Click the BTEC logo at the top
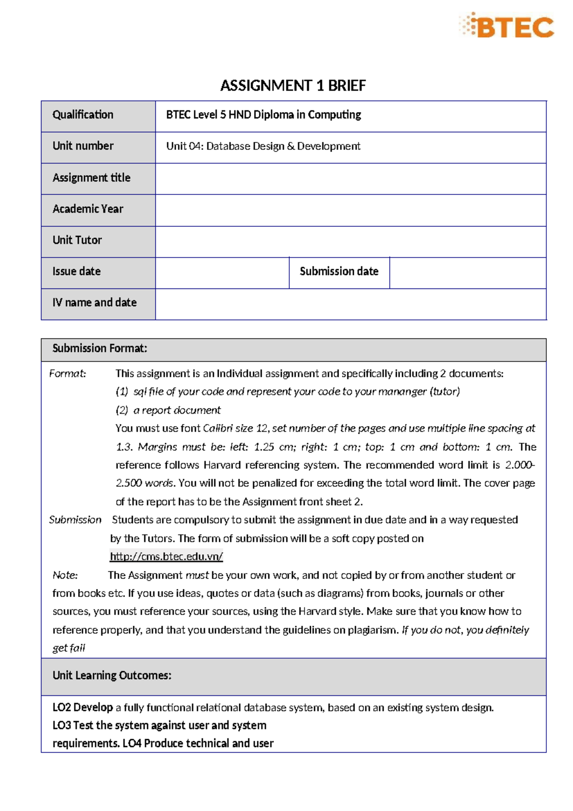[x=507, y=26]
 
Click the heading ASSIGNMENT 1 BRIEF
[x=293, y=85]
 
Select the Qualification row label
[x=83, y=115]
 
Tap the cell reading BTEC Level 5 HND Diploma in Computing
[x=264, y=115]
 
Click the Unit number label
[x=83, y=146]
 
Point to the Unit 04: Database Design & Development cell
[x=263, y=146]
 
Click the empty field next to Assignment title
[x=350, y=179]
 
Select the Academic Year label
[x=88, y=209]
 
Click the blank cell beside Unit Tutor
[x=350, y=241]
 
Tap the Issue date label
[x=76, y=271]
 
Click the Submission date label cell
[x=339, y=271]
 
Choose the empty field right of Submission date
[x=467, y=273]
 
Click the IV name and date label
[x=95, y=302]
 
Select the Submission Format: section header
[x=100, y=348]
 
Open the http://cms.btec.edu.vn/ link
[x=166, y=556]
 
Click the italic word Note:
[x=65, y=575]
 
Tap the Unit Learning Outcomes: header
[x=112, y=675]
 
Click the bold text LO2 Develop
[x=83, y=707]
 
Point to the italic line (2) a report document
[x=168, y=410]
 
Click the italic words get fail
[x=69, y=648]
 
